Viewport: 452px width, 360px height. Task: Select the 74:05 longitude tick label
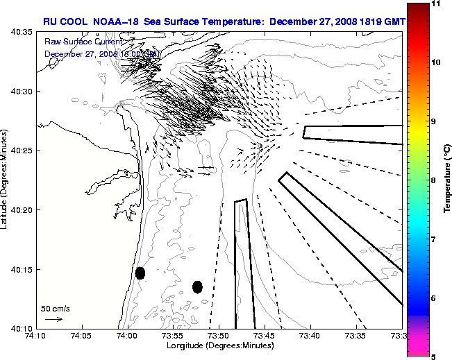pos(82,336)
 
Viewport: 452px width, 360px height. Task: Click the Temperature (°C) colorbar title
pos(448,180)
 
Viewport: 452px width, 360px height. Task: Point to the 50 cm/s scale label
pos(56,308)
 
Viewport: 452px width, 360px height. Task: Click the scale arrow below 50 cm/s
pos(53,319)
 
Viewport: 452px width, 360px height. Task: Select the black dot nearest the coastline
pos(140,273)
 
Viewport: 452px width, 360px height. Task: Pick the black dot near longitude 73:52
pos(197,286)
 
